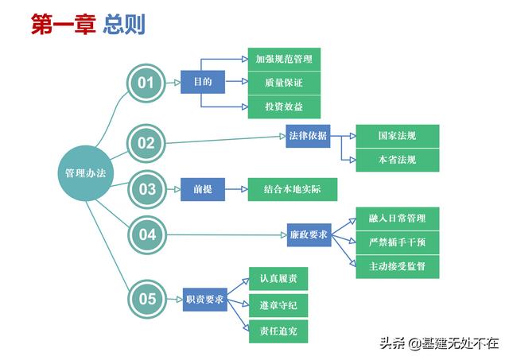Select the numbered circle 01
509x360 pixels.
coord(146,83)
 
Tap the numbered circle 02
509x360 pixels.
coord(146,143)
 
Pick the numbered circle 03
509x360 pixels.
coord(146,189)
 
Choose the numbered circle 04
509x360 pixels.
coord(146,234)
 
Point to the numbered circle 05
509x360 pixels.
coord(146,299)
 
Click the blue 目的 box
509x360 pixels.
coord(202,82)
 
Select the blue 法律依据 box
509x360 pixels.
coord(308,136)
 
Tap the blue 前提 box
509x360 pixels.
coord(202,190)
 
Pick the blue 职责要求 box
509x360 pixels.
coord(204,299)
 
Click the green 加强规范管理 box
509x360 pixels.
coord(282,59)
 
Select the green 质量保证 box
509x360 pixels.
coord(282,83)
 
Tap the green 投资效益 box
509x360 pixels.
coord(282,106)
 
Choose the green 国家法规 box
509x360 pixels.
coord(396,136)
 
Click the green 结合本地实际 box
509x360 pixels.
coord(293,190)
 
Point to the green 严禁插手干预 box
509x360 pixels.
coord(396,242)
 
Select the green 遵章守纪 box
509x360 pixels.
coord(278,304)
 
